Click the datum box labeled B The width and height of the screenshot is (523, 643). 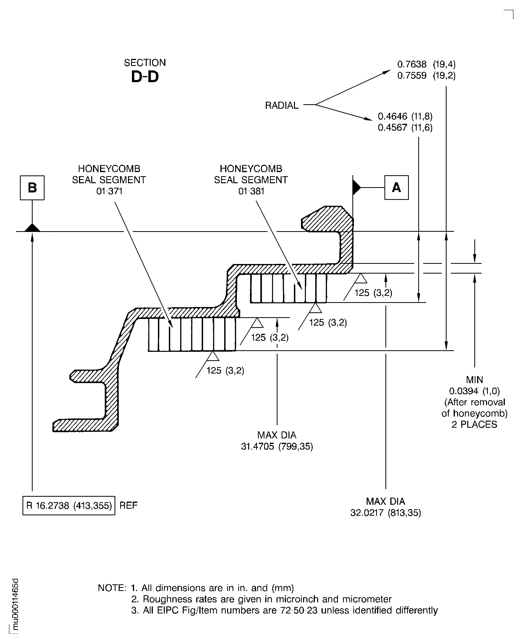point(32,188)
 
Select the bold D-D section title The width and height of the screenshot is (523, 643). point(145,77)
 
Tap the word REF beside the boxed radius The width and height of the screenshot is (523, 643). point(128,505)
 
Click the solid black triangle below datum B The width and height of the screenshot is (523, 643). point(32,228)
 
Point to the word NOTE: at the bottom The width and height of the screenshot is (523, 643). point(112,588)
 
